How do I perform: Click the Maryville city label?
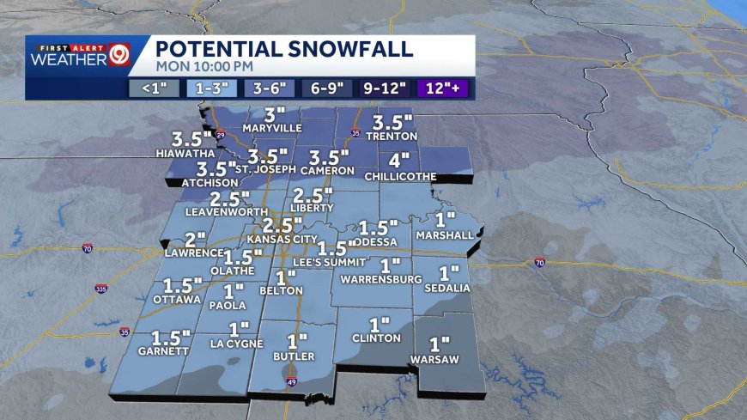click(274, 129)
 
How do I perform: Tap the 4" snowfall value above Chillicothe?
click(399, 161)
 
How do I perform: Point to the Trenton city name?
click(391, 136)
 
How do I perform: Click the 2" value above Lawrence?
click(196, 239)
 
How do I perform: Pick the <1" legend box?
click(154, 87)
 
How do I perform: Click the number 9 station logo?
click(119, 58)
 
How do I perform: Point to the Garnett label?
click(166, 351)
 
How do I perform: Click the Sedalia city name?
click(447, 288)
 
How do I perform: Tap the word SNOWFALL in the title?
click(331, 48)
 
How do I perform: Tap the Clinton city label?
click(376, 338)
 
